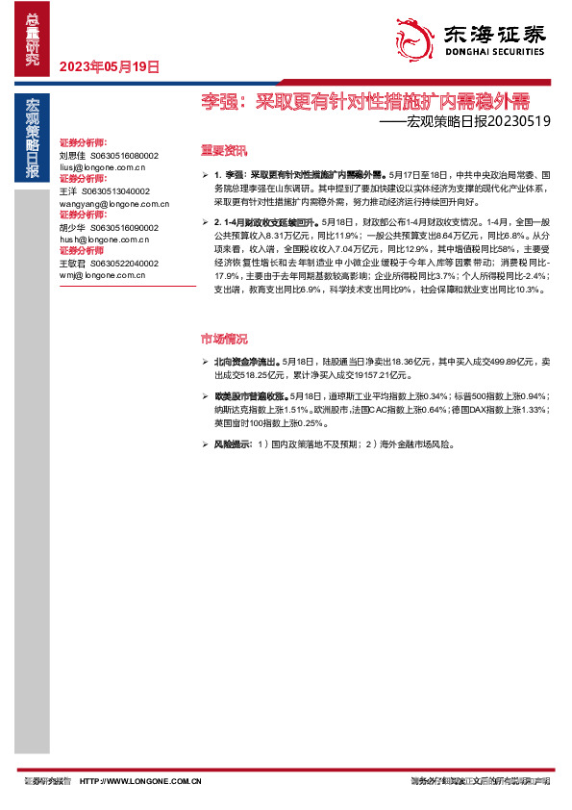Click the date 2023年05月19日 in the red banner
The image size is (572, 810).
[109, 67]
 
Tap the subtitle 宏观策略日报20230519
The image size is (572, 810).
[464, 122]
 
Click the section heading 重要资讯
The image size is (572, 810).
[223, 150]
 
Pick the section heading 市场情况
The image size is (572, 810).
[223, 339]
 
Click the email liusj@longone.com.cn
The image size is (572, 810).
[105, 166]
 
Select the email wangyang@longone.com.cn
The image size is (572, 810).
[113, 203]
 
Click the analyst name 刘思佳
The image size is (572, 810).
[72, 155]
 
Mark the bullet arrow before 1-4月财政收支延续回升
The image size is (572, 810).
[206, 222]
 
